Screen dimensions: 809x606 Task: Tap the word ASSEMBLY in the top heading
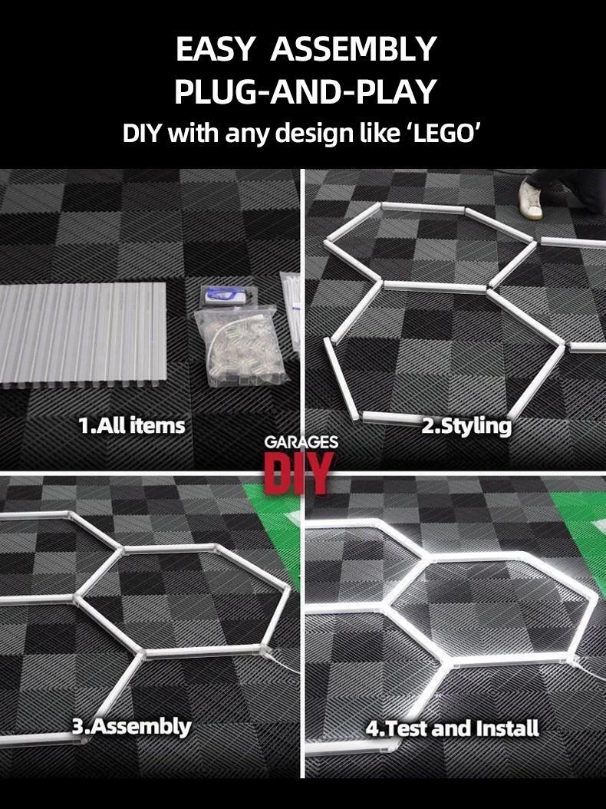(354, 50)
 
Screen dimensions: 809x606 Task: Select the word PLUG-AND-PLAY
(305, 91)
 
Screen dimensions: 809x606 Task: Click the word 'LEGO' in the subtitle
(447, 133)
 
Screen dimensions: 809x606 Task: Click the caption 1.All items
(132, 424)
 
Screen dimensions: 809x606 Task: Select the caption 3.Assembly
(131, 725)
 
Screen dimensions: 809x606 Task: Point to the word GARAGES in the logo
(301, 443)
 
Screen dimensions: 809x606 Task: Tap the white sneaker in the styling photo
(530, 199)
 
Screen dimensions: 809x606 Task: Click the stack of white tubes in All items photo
(84, 333)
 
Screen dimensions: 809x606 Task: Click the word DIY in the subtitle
(143, 133)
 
